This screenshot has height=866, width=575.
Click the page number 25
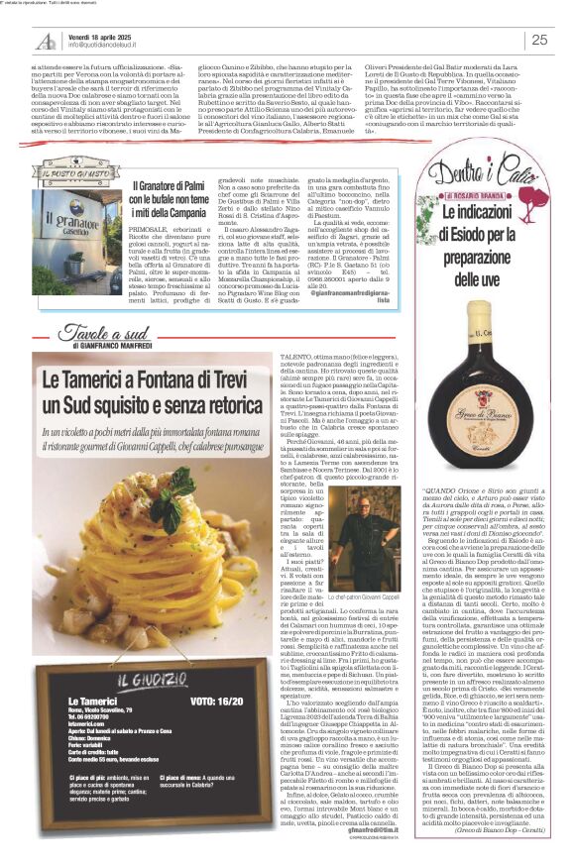pos(539,40)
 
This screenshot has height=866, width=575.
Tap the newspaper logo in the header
pos(46,40)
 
